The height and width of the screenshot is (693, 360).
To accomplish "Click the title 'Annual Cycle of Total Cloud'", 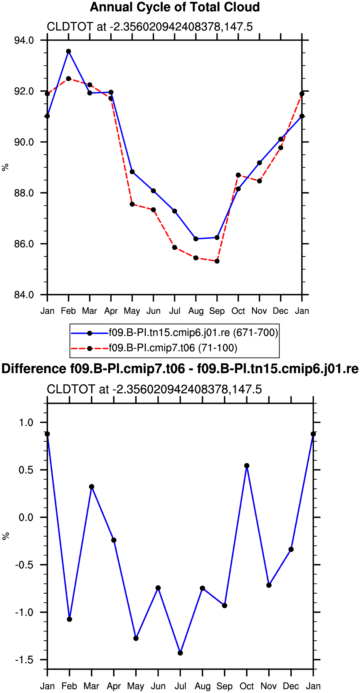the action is pyautogui.click(x=175, y=7).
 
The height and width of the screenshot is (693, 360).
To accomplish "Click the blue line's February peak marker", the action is pyautogui.click(x=68, y=51).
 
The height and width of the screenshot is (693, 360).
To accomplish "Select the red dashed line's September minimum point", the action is pyautogui.click(x=217, y=261).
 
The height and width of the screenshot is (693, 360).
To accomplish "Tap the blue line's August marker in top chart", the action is pyautogui.click(x=196, y=239).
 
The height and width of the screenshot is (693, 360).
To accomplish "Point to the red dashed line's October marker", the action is pyautogui.click(x=238, y=175).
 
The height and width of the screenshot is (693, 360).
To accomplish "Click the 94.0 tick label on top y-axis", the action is pyautogui.click(x=24, y=40).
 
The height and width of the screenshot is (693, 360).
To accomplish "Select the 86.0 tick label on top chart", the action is pyautogui.click(x=24, y=244).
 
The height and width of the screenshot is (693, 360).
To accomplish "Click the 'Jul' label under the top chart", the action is pyautogui.click(x=175, y=311).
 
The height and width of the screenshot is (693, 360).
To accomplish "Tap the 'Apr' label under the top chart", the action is pyautogui.click(x=111, y=311).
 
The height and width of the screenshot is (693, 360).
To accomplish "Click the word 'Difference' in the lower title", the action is pyautogui.click(x=33, y=369).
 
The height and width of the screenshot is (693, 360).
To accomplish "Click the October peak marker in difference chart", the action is pyautogui.click(x=247, y=466).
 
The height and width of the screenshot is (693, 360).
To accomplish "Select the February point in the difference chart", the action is pyautogui.click(x=69, y=619).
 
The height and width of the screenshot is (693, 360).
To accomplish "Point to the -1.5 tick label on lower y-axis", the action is pyautogui.click(x=24, y=660).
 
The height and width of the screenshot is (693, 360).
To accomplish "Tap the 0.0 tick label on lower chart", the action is pyautogui.click(x=26, y=517).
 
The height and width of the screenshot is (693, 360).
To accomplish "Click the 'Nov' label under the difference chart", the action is pyautogui.click(x=269, y=686).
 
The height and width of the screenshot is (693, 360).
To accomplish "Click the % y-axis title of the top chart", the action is pyautogui.click(x=5, y=168).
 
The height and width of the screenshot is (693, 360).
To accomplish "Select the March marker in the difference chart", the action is pyautogui.click(x=92, y=487).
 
